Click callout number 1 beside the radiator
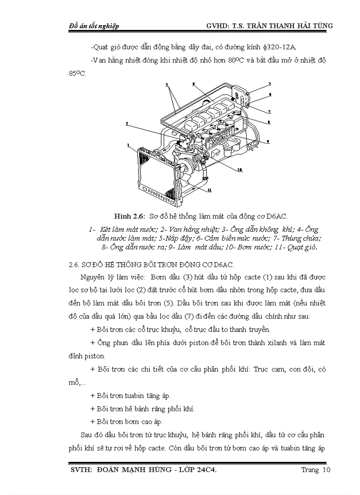[128, 144]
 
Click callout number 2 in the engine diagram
[127, 124]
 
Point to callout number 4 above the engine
[193, 83]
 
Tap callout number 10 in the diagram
[240, 170]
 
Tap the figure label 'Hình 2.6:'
[129, 216]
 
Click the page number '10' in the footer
[326, 470]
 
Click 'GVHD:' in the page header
[219, 26]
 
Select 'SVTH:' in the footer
[81, 470]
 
